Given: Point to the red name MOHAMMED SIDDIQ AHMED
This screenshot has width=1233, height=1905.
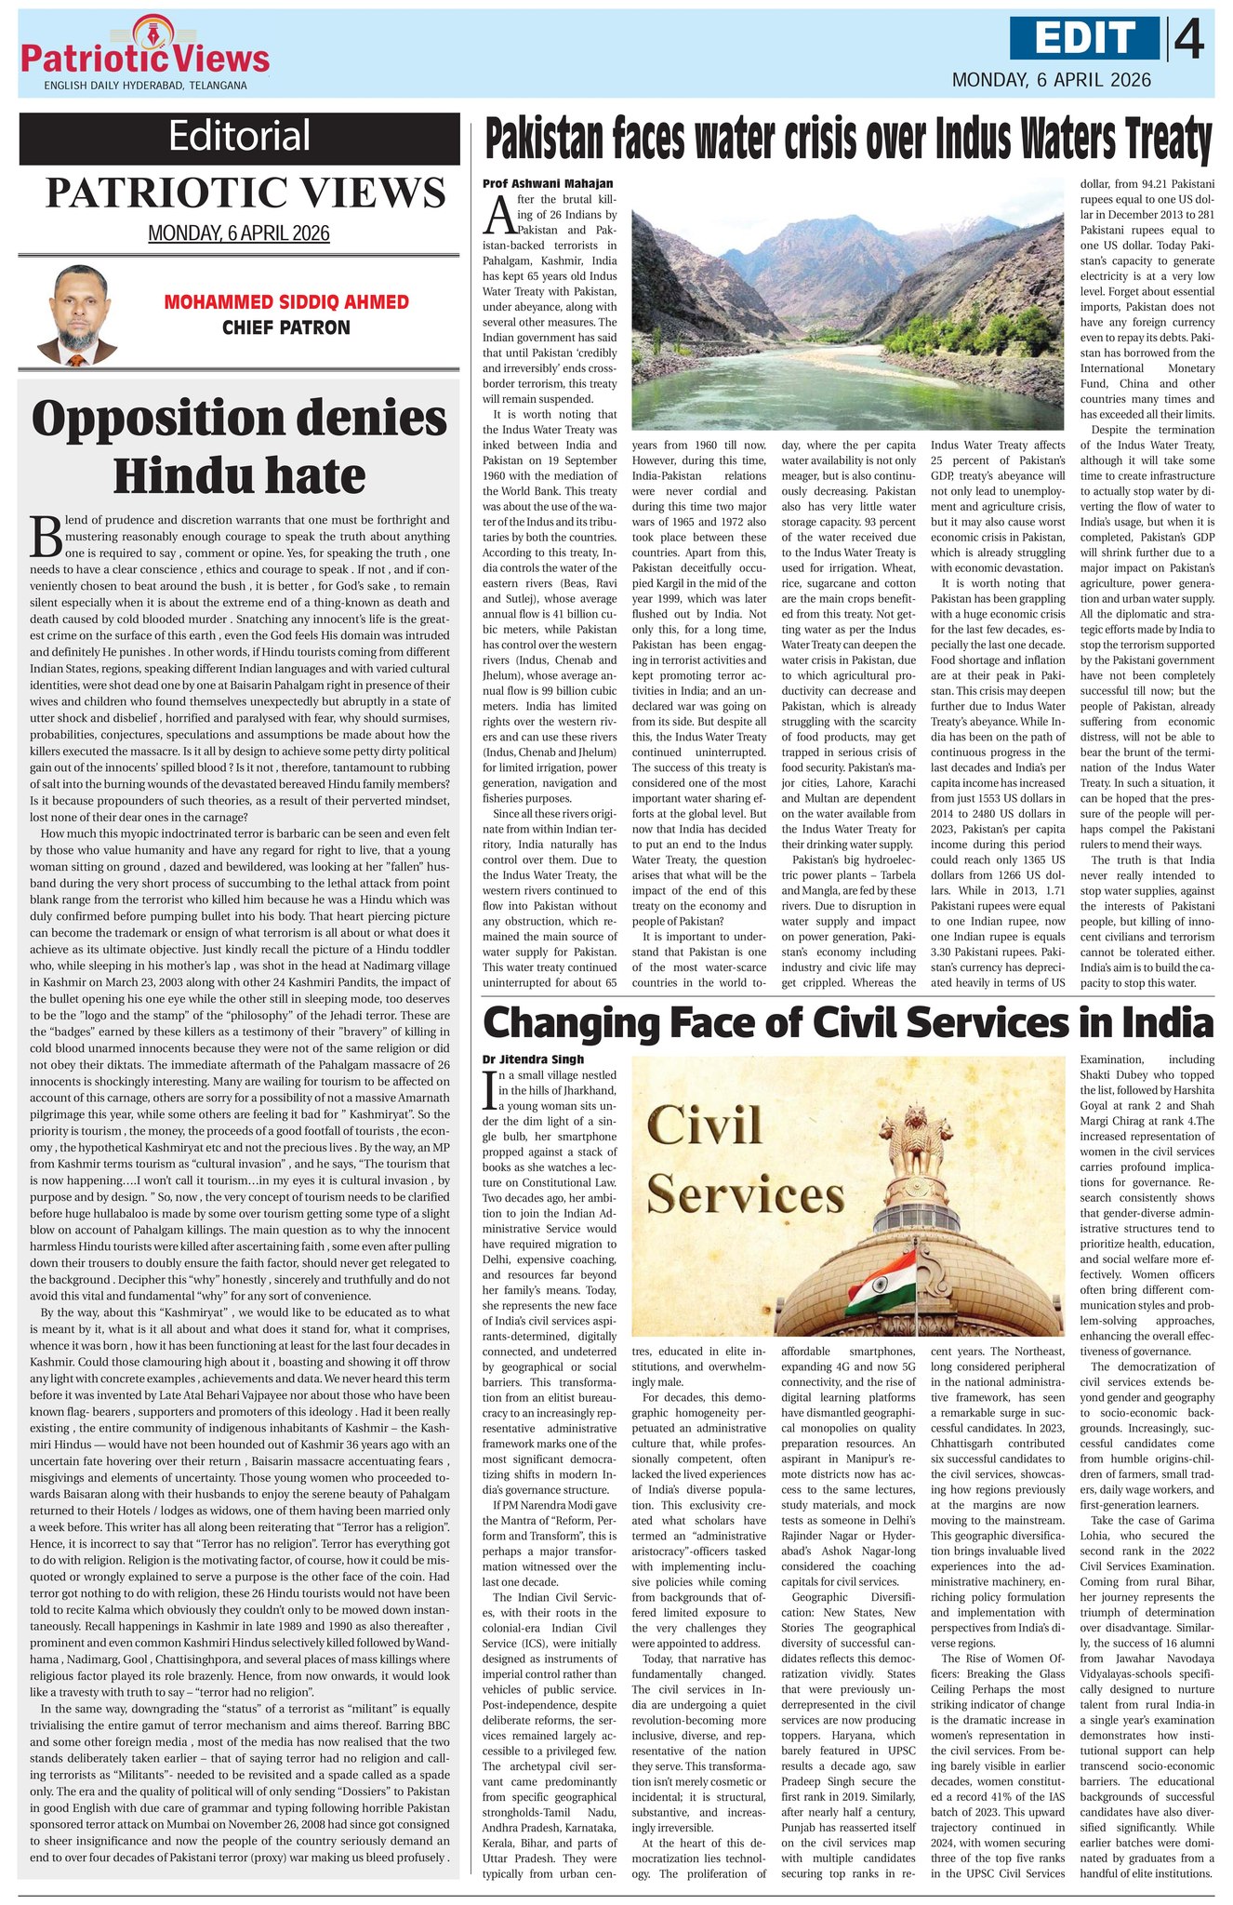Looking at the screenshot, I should click(x=286, y=302).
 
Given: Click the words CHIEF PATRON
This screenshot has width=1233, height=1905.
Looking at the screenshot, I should click(x=286, y=327).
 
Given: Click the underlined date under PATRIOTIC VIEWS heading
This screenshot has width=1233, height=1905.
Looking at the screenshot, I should click(x=239, y=233).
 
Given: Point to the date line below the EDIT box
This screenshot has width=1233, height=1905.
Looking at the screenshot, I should click(x=1051, y=80).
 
